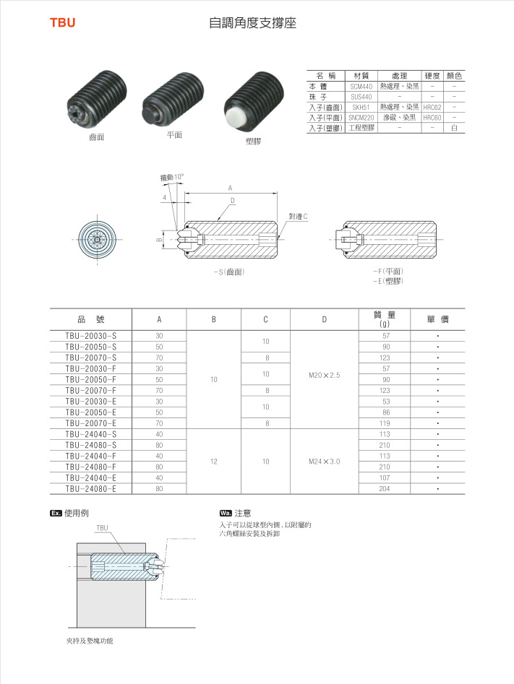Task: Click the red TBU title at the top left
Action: pyautogui.click(x=62, y=23)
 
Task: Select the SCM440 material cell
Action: pyautogui.click(x=361, y=86)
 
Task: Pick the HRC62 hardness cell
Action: pyautogui.click(x=432, y=106)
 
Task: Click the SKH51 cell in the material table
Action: pyautogui.click(x=361, y=106)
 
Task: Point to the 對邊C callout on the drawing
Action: pyautogui.click(x=299, y=216)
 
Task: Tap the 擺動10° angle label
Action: pyautogui.click(x=172, y=176)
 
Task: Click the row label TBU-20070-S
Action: pyautogui.click(x=90, y=358)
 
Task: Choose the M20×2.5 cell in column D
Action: pyautogui.click(x=324, y=375)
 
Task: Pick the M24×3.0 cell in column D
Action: pyautogui.click(x=324, y=461)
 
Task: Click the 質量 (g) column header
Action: pyautogui.click(x=385, y=319)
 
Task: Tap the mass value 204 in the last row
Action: pyautogui.click(x=385, y=489)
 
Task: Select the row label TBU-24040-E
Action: pyautogui.click(x=90, y=477)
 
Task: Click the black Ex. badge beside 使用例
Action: pyautogui.click(x=55, y=513)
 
